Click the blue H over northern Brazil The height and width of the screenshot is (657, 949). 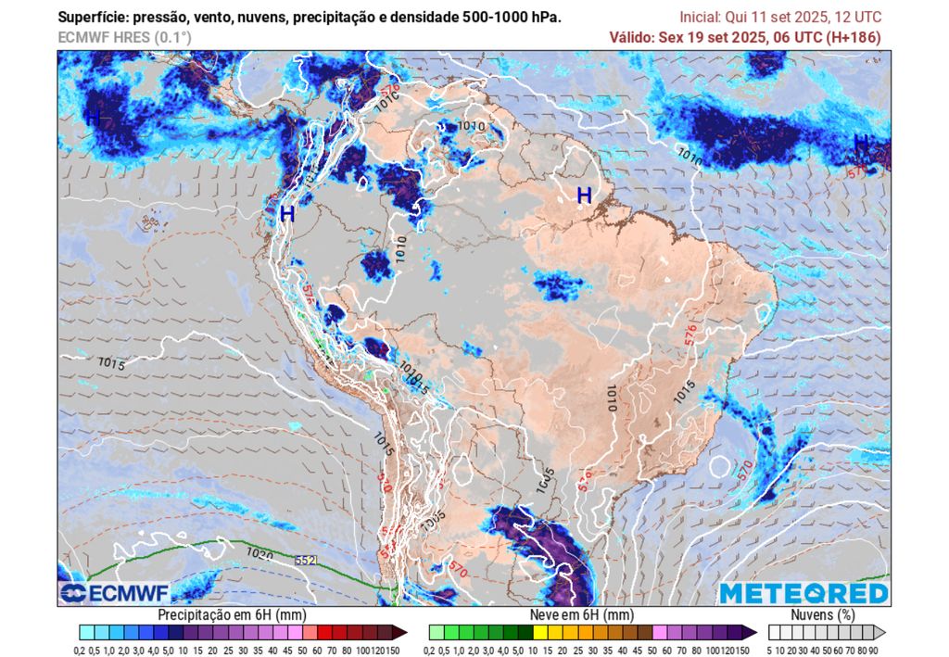(584, 196)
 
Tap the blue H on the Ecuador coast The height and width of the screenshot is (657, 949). (286, 214)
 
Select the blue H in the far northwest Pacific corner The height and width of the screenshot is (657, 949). (93, 118)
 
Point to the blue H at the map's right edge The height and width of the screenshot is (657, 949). (861, 143)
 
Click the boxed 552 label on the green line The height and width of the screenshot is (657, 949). (305, 561)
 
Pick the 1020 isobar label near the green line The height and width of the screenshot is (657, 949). (259, 553)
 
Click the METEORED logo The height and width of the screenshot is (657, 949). (803, 593)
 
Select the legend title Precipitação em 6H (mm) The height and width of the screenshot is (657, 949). (232, 614)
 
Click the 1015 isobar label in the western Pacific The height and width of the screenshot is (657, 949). (110, 364)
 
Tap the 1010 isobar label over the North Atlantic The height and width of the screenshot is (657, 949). (690, 157)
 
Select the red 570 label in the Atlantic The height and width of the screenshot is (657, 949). (745, 471)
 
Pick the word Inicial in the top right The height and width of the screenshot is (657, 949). (701, 18)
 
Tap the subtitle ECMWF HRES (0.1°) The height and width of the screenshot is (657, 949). (124, 37)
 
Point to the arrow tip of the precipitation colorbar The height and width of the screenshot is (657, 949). (404, 632)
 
